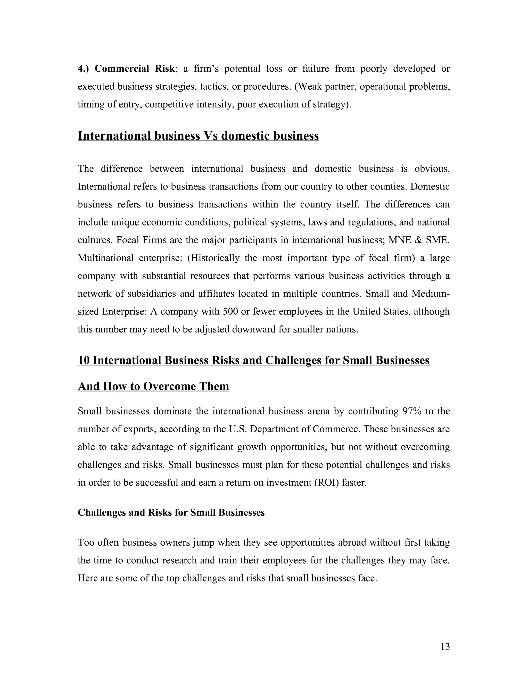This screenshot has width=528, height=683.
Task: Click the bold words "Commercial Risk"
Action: coord(134,69)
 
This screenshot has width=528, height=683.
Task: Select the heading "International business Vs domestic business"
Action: coord(198,136)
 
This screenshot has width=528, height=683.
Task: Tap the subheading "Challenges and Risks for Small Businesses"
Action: coord(171,512)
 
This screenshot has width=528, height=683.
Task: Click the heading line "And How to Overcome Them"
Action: coord(153,386)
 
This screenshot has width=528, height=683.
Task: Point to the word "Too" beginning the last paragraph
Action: coord(86,542)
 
